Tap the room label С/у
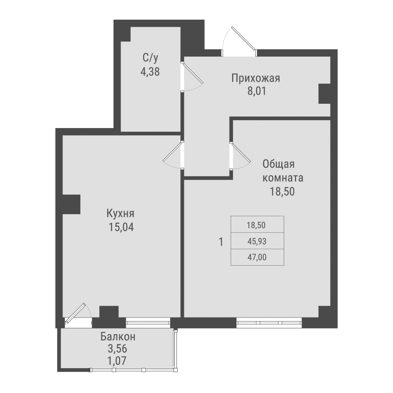[x=150, y=58]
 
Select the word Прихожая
[x=255, y=78]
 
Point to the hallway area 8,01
[x=255, y=92]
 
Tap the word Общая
[x=278, y=164]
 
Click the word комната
[x=283, y=178]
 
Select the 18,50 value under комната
[x=283, y=191]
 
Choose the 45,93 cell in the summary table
[x=257, y=241]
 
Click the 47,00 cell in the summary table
[x=257, y=257]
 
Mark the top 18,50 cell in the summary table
[x=257, y=224]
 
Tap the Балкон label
[x=118, y=336]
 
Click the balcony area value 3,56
[x=118, y=348]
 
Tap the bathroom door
[x=192, y=77]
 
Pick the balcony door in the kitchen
[x=77, y=314]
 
